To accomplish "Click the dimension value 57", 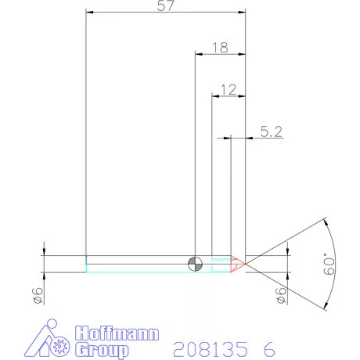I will tap(166, 5).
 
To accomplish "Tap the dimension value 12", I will tap(229, 89).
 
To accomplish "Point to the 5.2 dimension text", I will tap(270, 133).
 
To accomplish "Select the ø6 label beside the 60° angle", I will tap(280, 295).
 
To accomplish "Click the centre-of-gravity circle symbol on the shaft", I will tap(195, 263).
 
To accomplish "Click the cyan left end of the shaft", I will tap(86, 265).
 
